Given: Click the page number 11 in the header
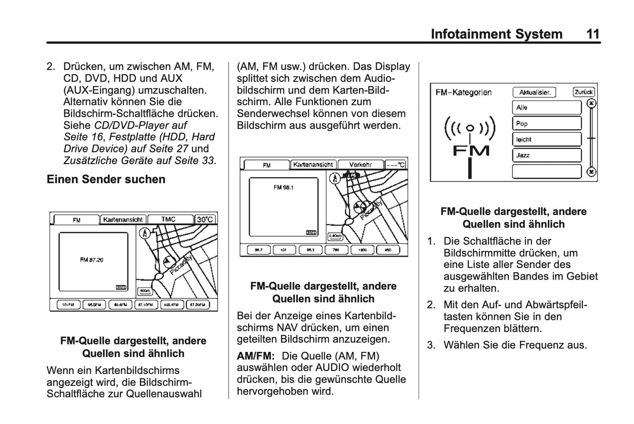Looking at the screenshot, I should pyautogui.click(x=592, y=34).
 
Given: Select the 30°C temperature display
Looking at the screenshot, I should pyautogui.click(x=205, y=219).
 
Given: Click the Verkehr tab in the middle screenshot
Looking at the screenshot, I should pyautogui.click(x=360, y=165).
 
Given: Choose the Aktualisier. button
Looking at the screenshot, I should pyautogui.click(x=534, y=92).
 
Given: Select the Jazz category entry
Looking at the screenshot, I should pyautogui.click(x=546, y=155).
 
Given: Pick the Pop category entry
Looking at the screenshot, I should pyautogui.click(x=546, y=124).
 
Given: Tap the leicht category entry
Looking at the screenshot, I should pyautogui.click(x=546, y=140).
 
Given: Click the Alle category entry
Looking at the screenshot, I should pyautogui.click(x=546, y=108).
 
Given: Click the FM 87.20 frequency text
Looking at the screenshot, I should pyautogui.click(x=92, y=260).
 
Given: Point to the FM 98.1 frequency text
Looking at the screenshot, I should pyautogui.click(x=283, y=187).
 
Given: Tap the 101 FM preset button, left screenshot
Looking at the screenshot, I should pyautogui.click(x=68, y=305).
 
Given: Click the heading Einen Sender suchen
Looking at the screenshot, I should pyautogui.click(x=106, y=179).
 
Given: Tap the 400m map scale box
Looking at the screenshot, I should pyautogui.click(x=144, y=291).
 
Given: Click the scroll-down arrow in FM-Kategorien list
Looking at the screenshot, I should pyautogui.click(x=591, y=172).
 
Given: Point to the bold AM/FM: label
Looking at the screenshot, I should pyautogui.click(x=255, y=356).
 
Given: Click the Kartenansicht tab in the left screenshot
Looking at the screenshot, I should pyautogui.click(x=123, y=219).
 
